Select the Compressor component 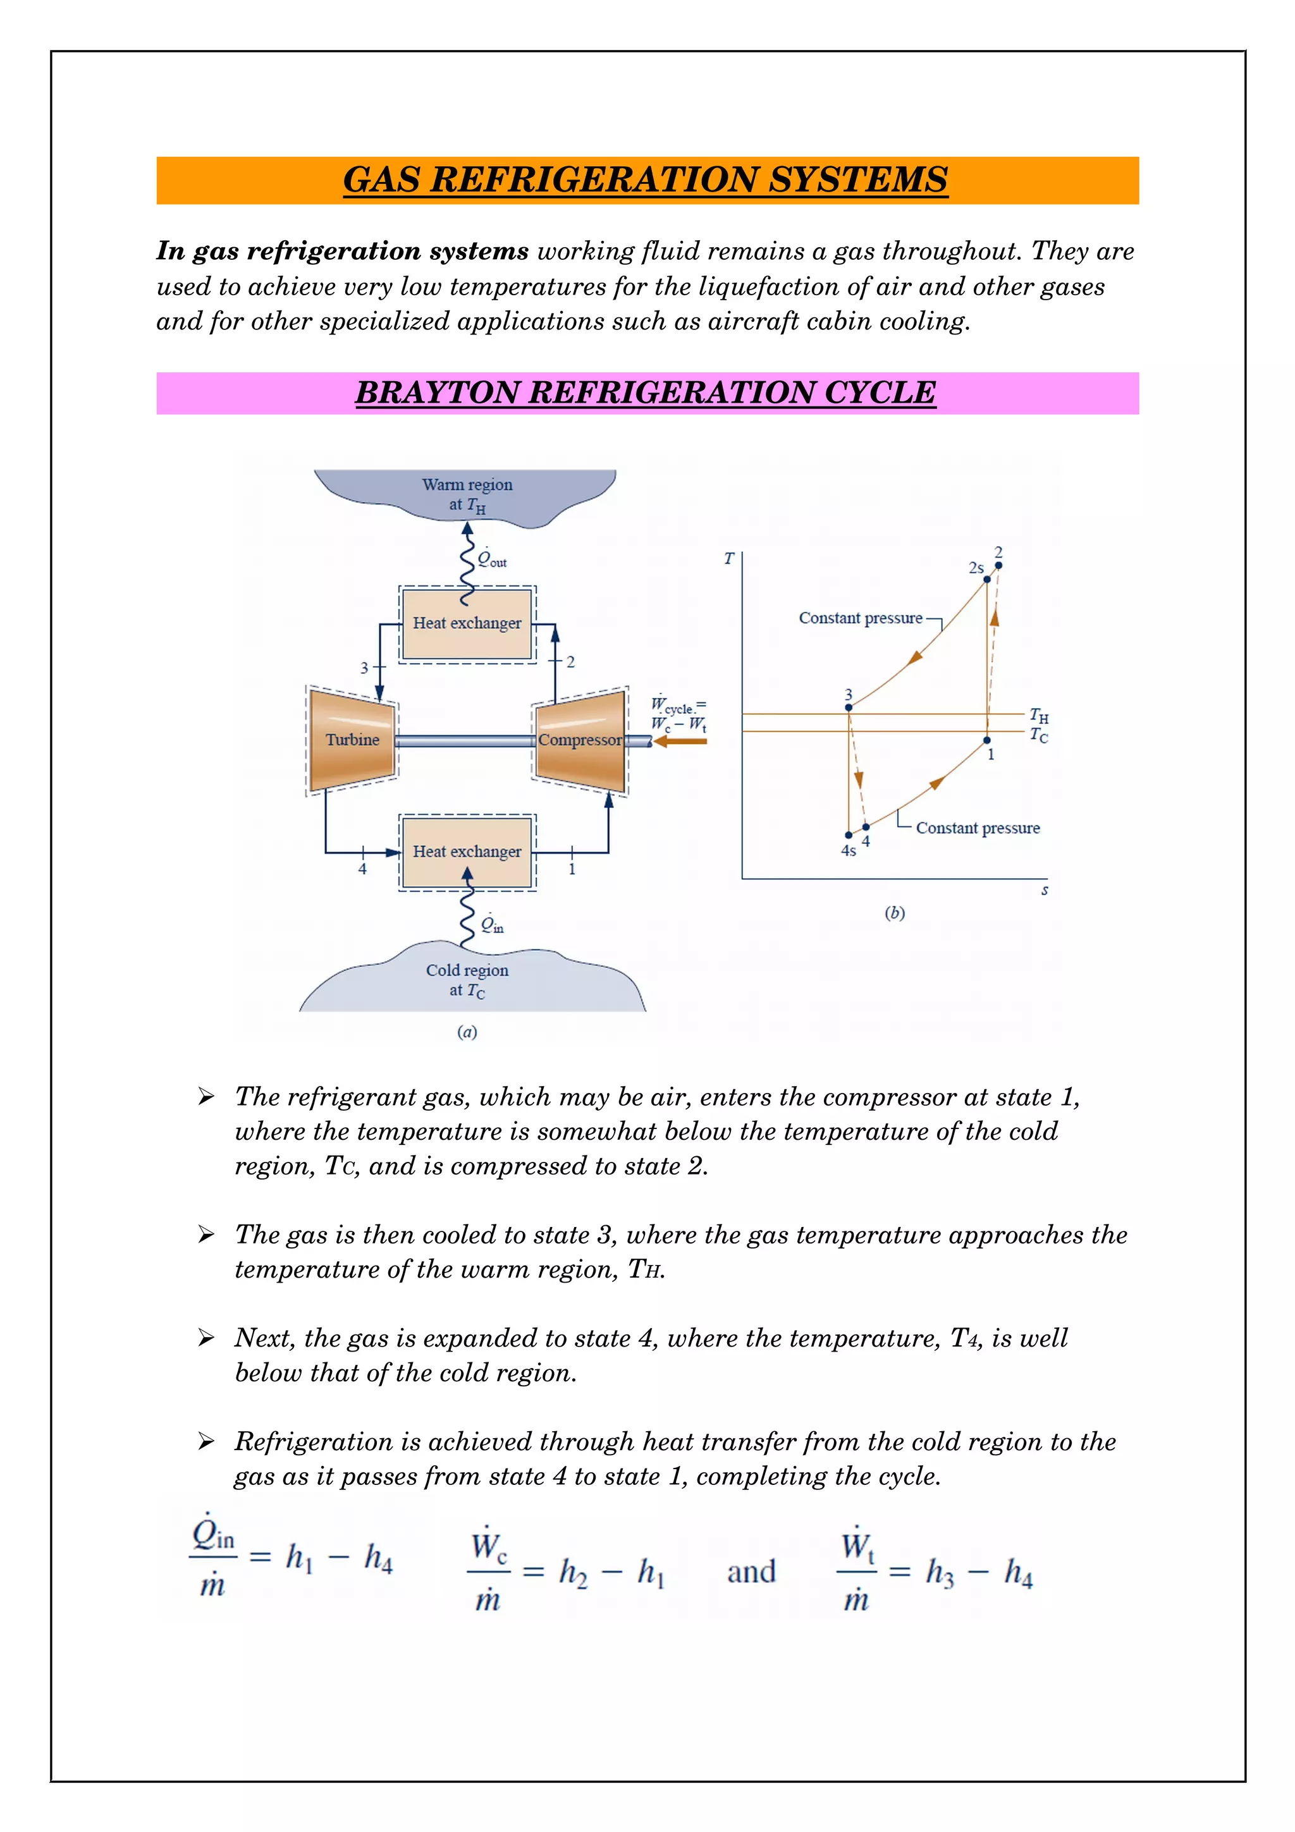tap(580, 740)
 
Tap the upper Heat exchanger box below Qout tap(467, 623)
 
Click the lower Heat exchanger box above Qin tap(467, 852)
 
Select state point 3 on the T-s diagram tap(848, 707)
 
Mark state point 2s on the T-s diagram tap(987, 579)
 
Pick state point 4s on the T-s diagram tap(848, 834)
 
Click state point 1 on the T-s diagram tap(987, 740)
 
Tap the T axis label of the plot tap(728, 559)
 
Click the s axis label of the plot tap(1045, 891)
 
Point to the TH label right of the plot tap(1039, 715)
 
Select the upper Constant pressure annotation tap(860, 618)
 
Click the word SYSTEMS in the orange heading tap(858, 180)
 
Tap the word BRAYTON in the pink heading tap(436, 393)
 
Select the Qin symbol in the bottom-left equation tap(212, 1533)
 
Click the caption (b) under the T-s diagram tap(895, 913)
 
